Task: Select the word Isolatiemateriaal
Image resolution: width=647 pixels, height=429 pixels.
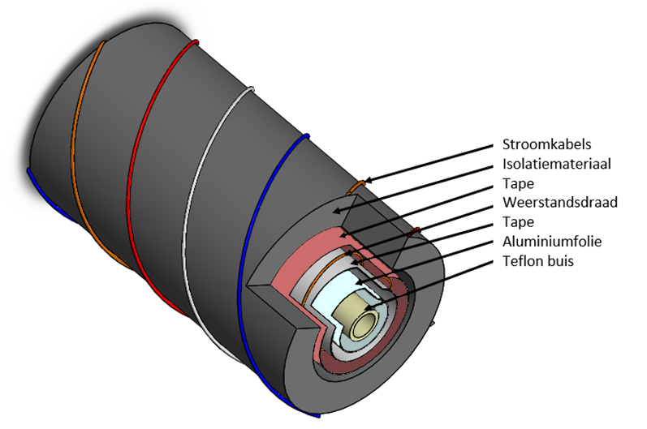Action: pyautogui.click(x=556, y=165)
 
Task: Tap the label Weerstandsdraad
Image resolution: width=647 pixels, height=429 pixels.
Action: pyautogui.click(x=560, y=202)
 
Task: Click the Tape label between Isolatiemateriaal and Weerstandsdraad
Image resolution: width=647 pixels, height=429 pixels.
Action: pyautogui.click(x=518, y=183)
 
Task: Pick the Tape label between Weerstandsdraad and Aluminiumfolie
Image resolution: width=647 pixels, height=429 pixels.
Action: pyautogui.click(x=518, y=221)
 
